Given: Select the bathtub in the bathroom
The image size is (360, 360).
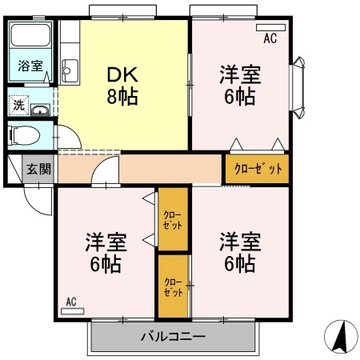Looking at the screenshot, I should coord(30,38).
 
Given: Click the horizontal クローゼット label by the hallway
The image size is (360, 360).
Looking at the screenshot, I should coord(258,169).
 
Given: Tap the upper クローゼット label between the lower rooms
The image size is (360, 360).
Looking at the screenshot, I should coord(172,219).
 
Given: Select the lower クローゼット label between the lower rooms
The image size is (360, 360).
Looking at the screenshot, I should coord(172,286).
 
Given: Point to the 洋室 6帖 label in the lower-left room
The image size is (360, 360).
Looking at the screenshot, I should coord(106,250).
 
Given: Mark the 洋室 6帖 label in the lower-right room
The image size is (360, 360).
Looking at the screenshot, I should coord(238,250).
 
